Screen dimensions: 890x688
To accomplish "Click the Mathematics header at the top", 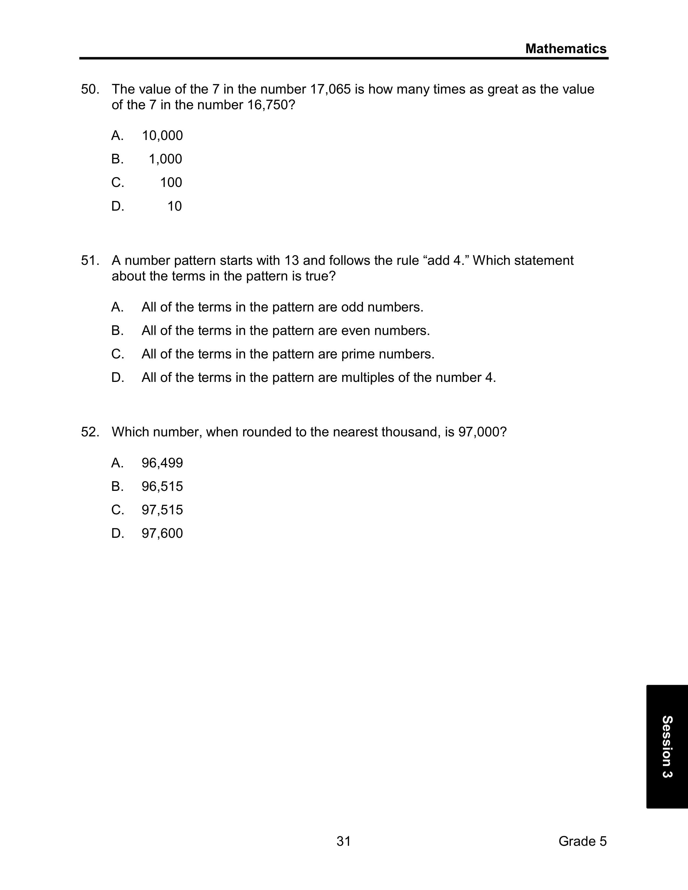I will [x=566, y=49].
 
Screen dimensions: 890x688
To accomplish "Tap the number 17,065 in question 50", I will [x=330, y=89].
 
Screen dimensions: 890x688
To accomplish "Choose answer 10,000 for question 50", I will [x=162, y=136].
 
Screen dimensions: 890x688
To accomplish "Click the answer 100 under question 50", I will [x=171, y=183].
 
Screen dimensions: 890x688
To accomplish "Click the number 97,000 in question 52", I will [x=479, y=432].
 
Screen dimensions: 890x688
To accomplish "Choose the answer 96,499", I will [x=162, y=463].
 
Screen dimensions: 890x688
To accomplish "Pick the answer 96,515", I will [x=162, y=487].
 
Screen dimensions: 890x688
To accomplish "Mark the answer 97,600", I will [x=162, y=533].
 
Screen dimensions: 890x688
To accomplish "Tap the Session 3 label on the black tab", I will [x=667, y=747].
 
